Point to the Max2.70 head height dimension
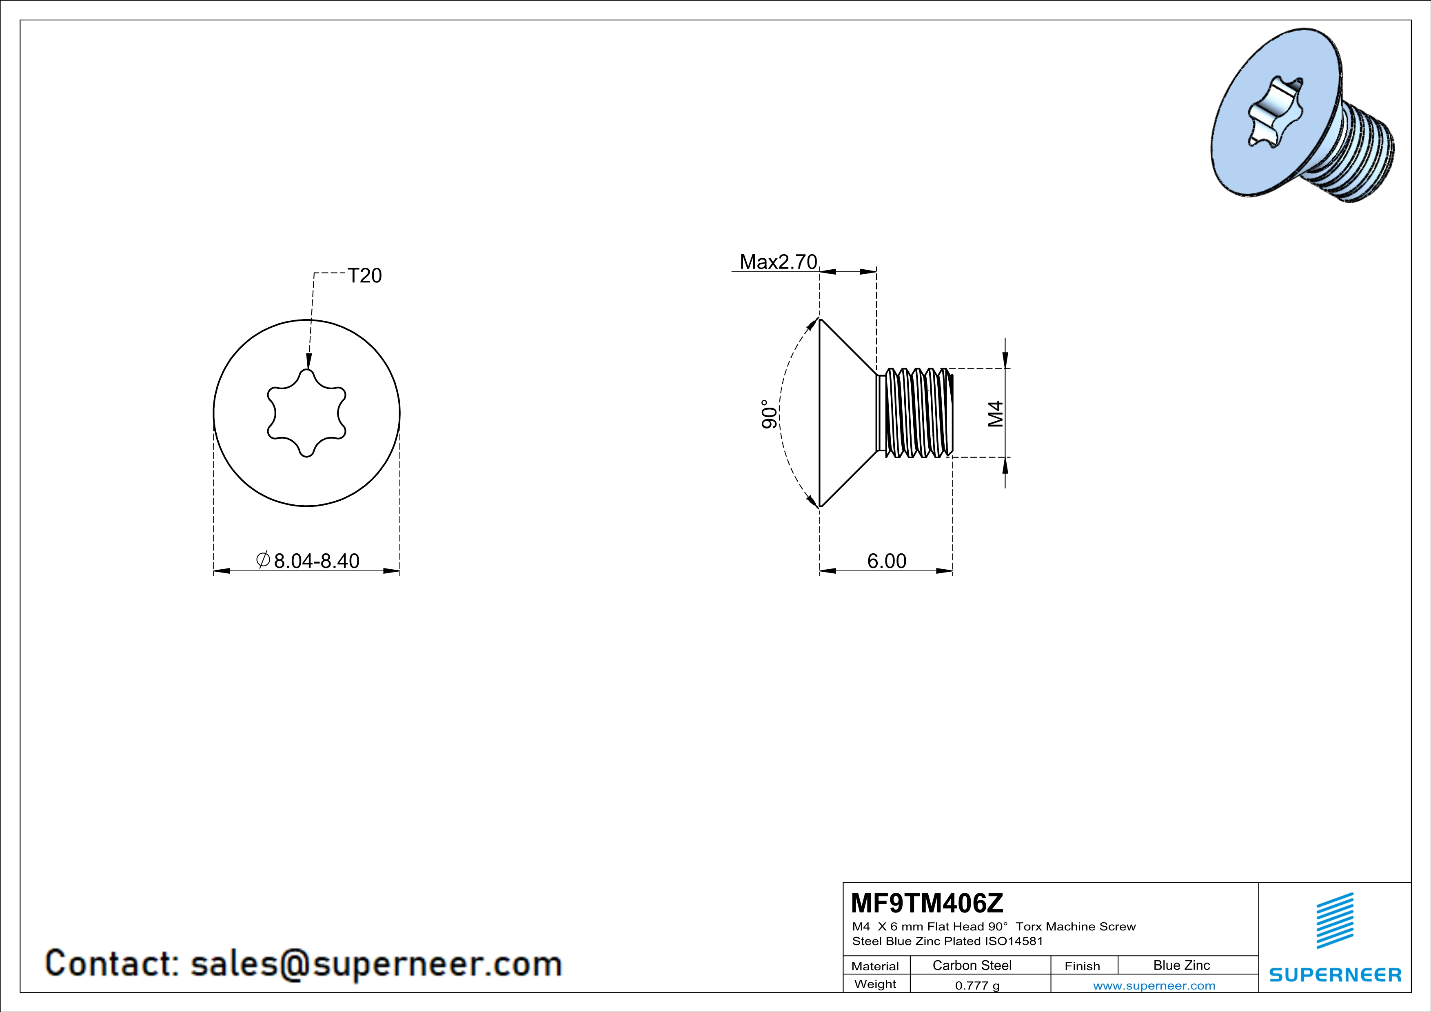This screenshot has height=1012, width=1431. [778, 262]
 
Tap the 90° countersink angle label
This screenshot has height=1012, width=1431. [770, 414]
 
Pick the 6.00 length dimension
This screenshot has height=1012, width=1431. [887, 561]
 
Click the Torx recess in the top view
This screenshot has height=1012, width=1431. [307, 413]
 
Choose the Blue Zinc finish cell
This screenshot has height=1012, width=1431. [1182, 965]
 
